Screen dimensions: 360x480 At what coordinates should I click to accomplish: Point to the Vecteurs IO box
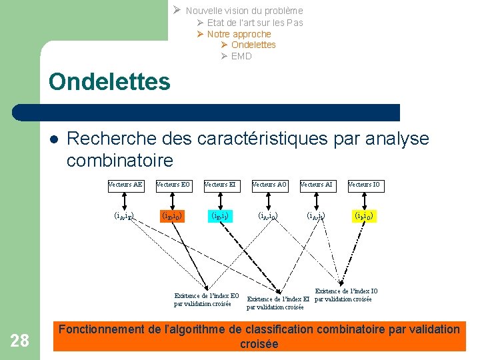(x=364, y=185)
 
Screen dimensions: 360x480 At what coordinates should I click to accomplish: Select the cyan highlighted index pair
(x=221, y=215)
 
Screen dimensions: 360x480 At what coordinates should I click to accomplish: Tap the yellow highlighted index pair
(x=364, y=215)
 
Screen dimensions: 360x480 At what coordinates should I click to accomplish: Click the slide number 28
(x=20, y=341)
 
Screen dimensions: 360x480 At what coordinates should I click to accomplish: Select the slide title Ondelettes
(x=109, y=82)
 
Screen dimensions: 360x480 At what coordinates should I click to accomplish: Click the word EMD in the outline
(x=241, y=56)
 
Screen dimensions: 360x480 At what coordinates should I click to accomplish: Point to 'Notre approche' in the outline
(x=239, y=34)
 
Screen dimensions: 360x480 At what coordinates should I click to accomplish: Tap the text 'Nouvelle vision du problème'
(x=244, y=11)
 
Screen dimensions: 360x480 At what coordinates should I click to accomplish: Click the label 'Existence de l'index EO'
(x=207, y=299)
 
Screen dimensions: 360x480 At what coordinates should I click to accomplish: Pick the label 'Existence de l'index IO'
(x=345, y=295)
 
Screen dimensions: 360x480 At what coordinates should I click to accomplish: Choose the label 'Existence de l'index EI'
(x=279, y=303)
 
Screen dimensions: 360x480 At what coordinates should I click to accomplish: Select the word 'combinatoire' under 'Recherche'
(x=120, y=161)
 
